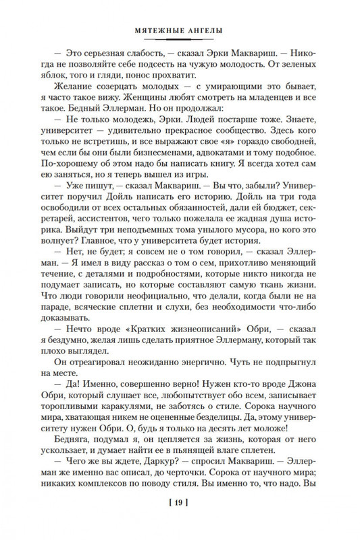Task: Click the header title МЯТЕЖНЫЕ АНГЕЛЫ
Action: pyautogui.click(x=180, y=30)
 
